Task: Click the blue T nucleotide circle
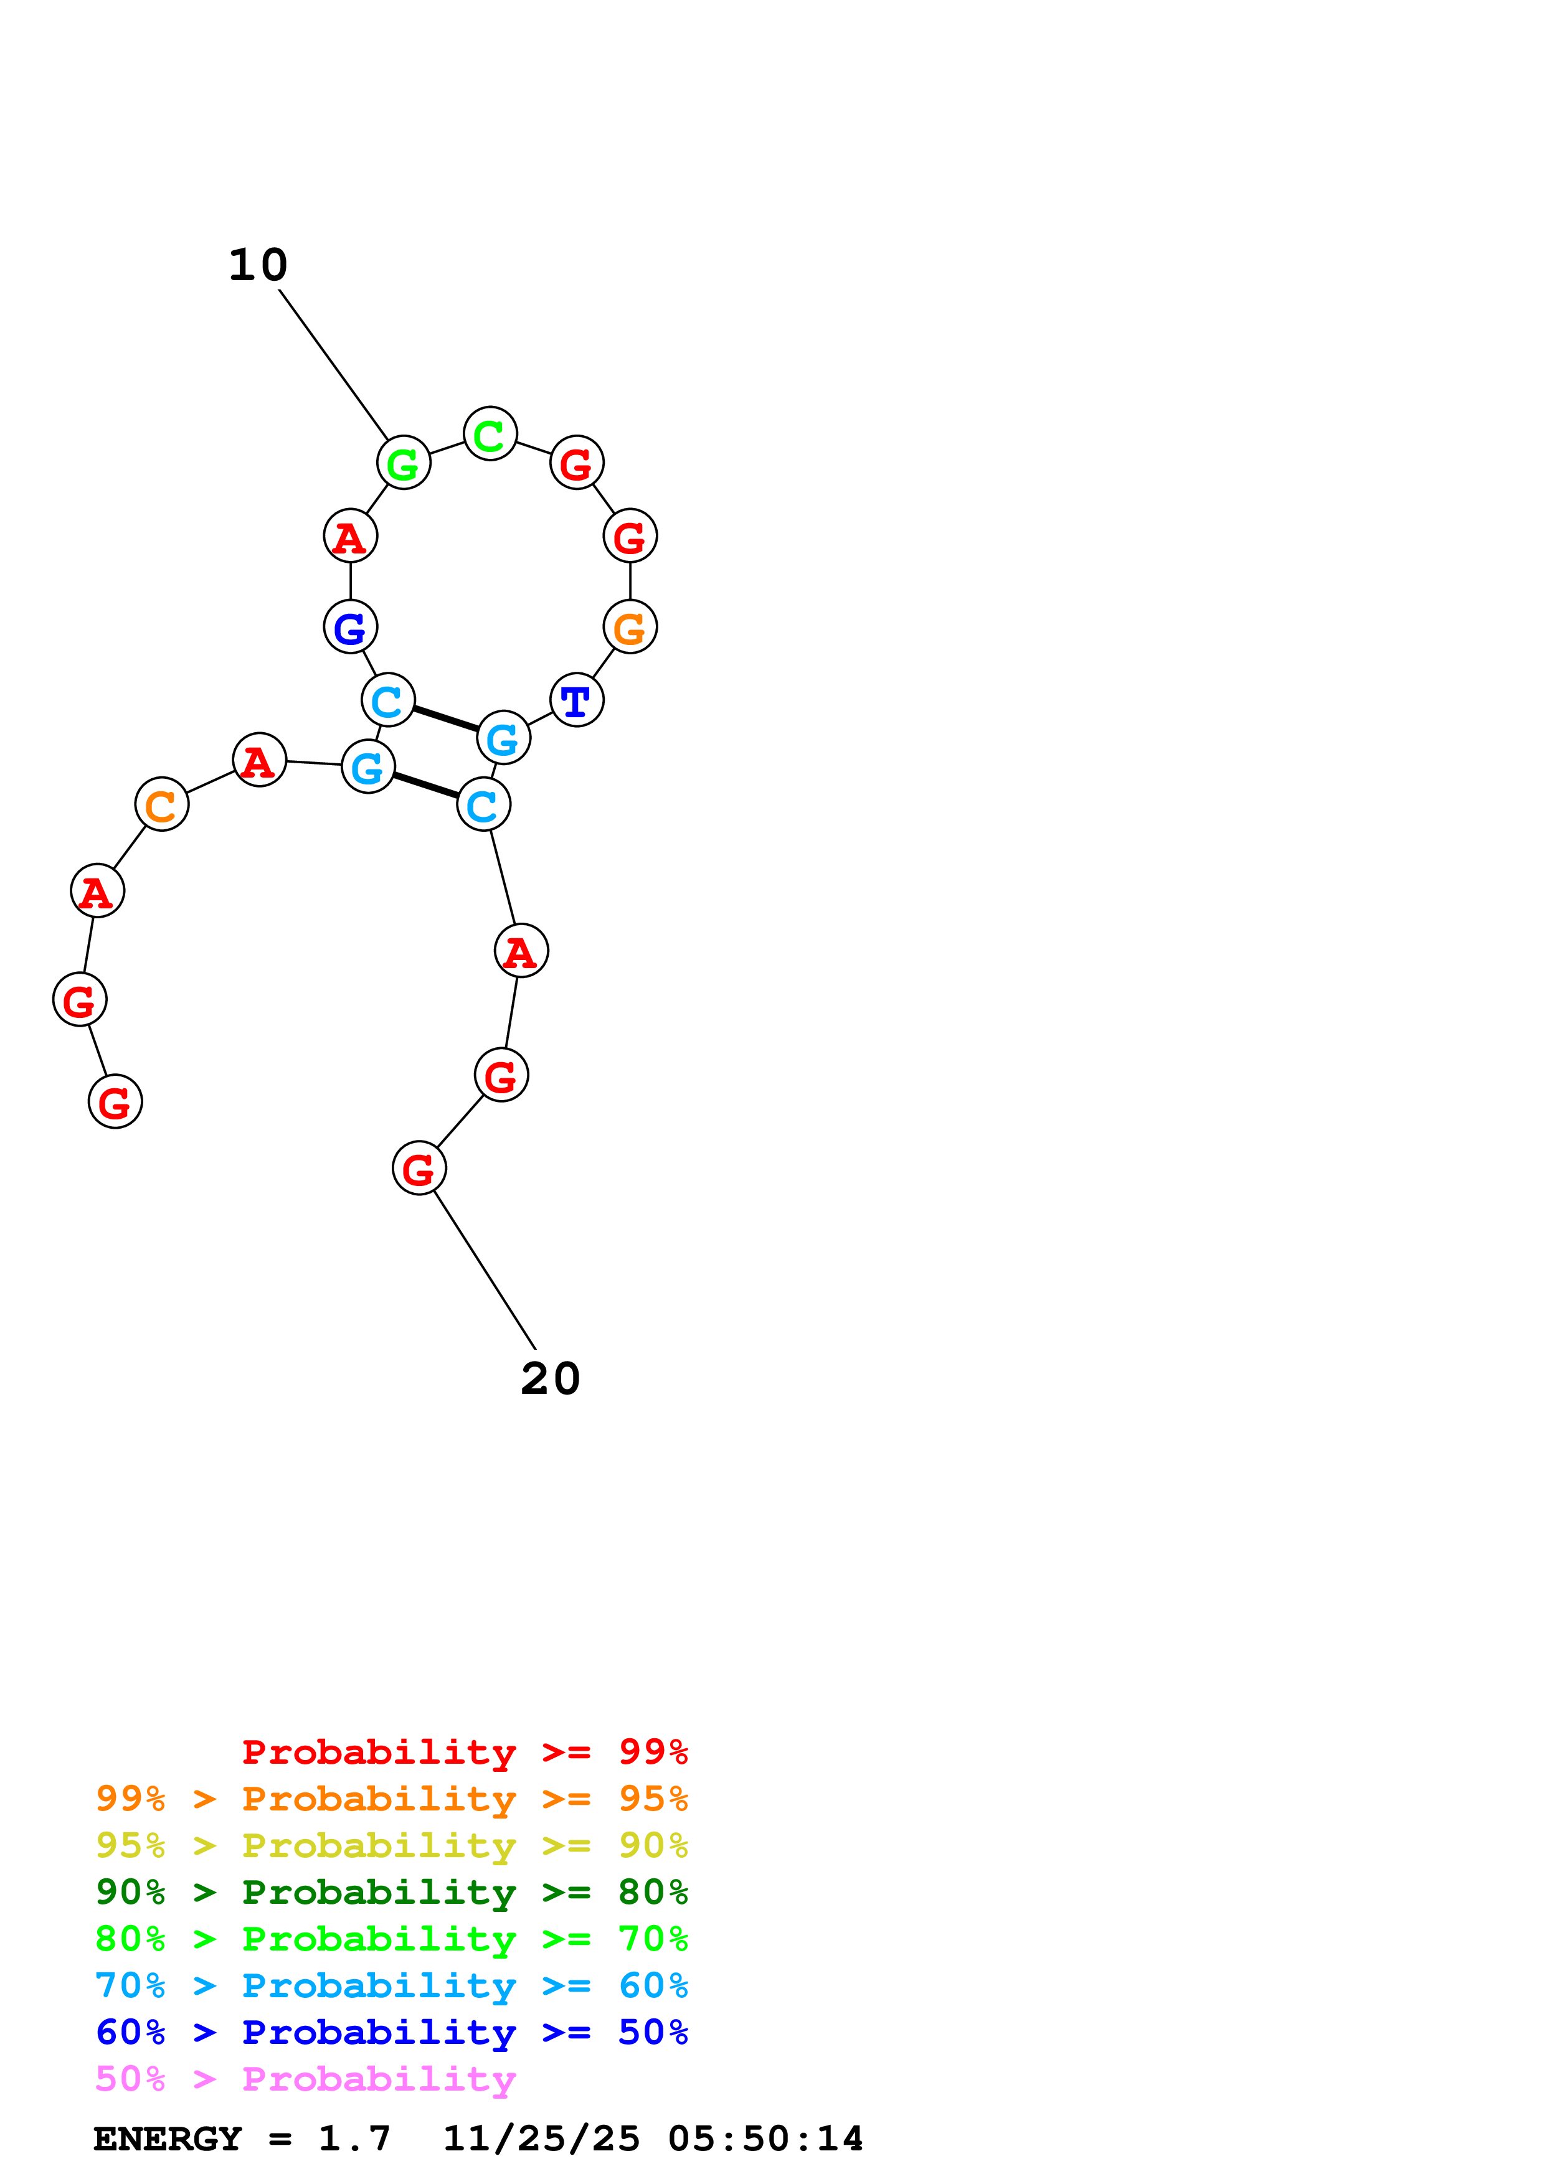[x=577, y=700]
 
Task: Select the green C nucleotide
[x=490, y=434]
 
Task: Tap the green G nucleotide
[x=404, y=463]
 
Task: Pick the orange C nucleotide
[x=162, y=804]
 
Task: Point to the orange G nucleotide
[x=630, y=627]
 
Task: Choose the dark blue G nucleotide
[x=350, y=627]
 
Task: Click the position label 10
[x=258, y=265]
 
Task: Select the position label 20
[x=550, y=1378]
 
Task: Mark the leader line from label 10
[x=333, y=364]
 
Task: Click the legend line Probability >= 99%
[x=464, y=1752]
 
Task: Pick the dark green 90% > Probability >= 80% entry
[x=391, y=1892]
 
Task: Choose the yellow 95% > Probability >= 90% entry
[x=391, y=1845]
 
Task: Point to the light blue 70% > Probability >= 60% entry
[x=391, y=1985]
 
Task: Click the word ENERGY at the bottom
[x=168, y=2139]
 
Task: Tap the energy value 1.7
[x=354, y=2139]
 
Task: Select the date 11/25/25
[x=541, y=2139]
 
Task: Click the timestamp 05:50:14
[x=765, y=2139]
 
